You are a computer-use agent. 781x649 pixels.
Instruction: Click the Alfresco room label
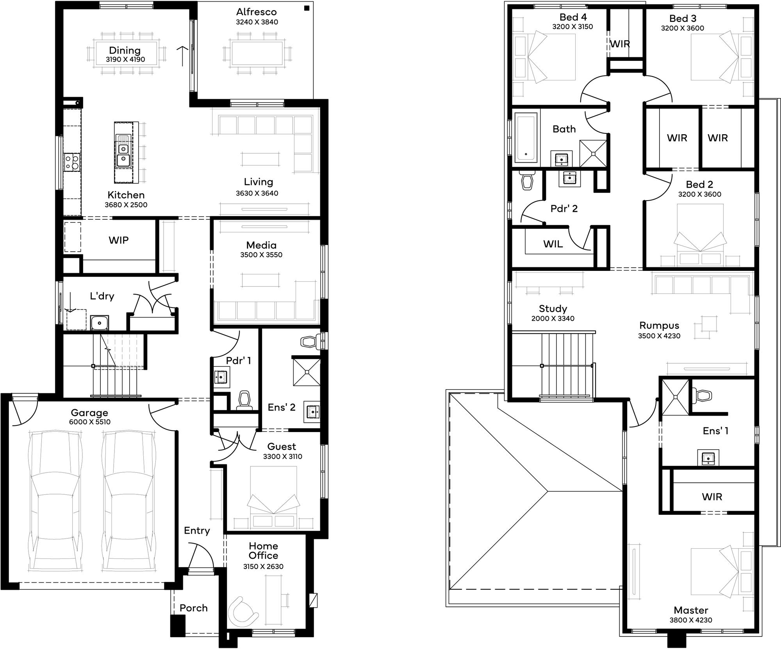pos(256,12)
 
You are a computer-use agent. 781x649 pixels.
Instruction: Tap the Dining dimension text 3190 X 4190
pos(125,60)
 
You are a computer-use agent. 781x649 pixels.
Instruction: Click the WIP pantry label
pos(119,240)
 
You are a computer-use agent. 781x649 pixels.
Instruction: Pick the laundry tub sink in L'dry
pos(100,323)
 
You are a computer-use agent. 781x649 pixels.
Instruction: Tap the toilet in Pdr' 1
pos(244,400)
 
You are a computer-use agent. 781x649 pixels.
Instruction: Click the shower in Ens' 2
pos(307,372)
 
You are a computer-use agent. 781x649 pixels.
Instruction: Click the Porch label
pos(193,608)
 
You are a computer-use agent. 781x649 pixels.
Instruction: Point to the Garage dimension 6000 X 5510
pos(90,422)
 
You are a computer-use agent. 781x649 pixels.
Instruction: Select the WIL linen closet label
pos(553,244)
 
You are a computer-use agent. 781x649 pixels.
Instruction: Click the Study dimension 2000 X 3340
pos(553,318)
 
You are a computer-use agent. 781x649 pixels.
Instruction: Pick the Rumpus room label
pos(659,325)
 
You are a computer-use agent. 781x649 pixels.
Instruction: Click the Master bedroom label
pos(691,610)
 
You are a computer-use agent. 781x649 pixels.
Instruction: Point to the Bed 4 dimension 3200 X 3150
pos(572,27)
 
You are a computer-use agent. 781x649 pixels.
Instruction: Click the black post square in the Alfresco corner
pos(307,8)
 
